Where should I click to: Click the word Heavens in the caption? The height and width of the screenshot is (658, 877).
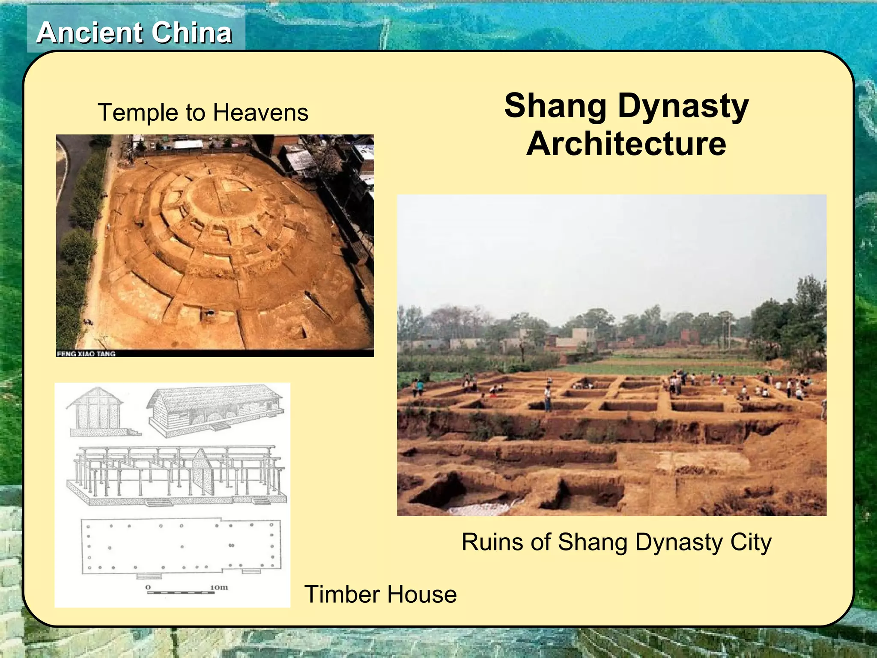[x=260, y=113]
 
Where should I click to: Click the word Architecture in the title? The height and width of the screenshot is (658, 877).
[x=626, y=144]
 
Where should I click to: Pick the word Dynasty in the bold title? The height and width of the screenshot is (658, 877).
[x=683, y=107]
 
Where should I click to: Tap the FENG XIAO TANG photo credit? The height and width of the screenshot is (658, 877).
[x=86, y=354]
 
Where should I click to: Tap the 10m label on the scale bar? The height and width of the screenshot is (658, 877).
[x=219, y=587]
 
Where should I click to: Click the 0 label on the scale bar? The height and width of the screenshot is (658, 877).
[x=148, y=587]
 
